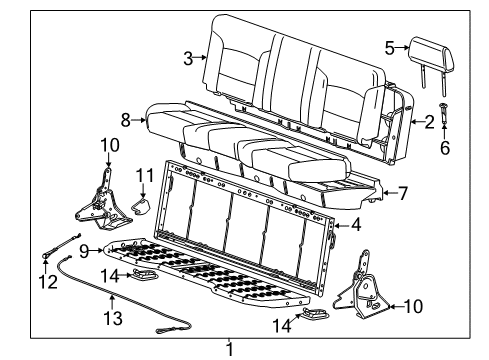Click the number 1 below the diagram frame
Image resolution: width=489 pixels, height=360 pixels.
[x=231, y=349]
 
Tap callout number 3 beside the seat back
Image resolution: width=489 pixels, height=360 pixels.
[x=187, y=58]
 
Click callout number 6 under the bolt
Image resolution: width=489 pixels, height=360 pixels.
[x=446, y=146]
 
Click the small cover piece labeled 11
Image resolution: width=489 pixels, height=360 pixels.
[x=141, y=206]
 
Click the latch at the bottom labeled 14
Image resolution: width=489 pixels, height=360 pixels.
[x=320, y=316]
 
